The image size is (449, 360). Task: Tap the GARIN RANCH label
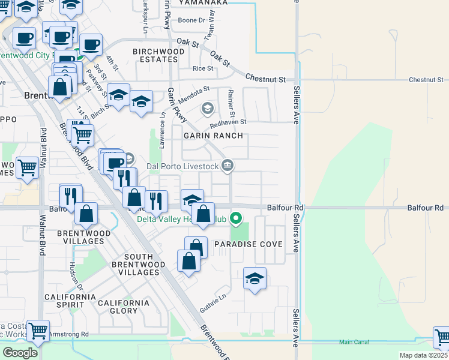pos(214,136)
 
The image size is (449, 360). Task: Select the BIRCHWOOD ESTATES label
pos(158,56)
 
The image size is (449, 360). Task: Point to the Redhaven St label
pos(228,122)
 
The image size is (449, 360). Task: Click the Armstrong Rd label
pos(68,334)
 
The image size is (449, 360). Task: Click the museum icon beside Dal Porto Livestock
pos(228,165)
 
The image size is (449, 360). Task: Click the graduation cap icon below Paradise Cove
pos(255,278)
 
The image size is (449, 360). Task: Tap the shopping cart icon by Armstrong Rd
pos(38,329)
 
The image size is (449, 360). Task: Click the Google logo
pos(20,353)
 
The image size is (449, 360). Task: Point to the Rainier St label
pos(231,102)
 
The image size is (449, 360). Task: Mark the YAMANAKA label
pos(203,2)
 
